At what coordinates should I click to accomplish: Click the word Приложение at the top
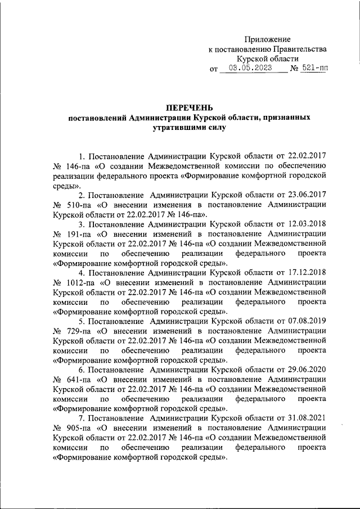(267, 39)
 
